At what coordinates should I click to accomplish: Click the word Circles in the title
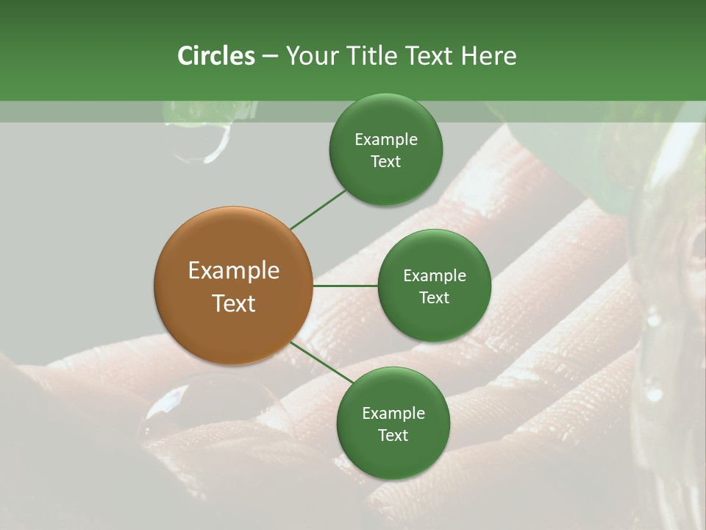(x=215, y=56)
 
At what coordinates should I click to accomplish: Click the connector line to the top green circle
(x=318, y=210)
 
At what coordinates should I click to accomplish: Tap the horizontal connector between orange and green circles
(x=345, y=286)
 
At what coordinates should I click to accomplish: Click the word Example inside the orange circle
(x=234, y=271)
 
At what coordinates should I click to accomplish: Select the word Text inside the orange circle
(x=234, y=303)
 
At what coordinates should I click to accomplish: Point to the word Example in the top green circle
(x=386, y=140)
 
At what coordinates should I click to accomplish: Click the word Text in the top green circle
(x=386, y=162)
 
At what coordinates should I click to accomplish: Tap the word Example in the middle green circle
(x=435, y=276)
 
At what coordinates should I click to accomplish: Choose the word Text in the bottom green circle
(x=393, y=436)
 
